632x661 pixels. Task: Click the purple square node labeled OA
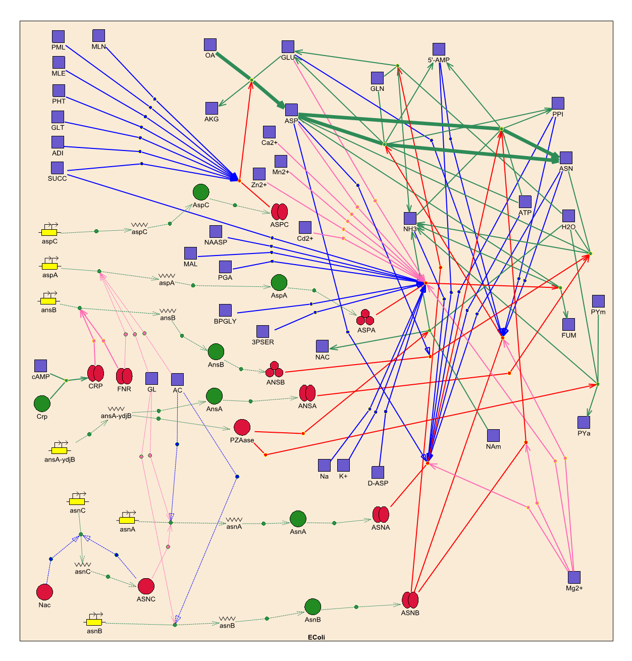(x=210, y=44)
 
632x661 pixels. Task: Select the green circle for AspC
(x=201, y=192)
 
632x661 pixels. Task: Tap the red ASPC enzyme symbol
(x=279, y=212)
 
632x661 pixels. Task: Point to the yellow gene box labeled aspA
(x=49, y=266)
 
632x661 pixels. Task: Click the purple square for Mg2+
(x=574, y=577)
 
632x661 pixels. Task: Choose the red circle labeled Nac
(x=44, y=592)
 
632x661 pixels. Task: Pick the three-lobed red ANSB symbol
(x=275, y=370)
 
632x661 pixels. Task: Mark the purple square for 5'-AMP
(x=439, y=49)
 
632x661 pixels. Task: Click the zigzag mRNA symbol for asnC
(x=83, y=565)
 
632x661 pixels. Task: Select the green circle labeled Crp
(x=42, y=404)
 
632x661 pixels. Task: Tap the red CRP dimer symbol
(x=95, y=374)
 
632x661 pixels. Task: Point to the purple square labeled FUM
(x=568, y=324)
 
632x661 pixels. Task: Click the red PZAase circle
(x=242, y=427)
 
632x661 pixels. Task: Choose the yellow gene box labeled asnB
(x=94, y=622)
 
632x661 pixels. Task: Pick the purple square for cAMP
(x=40, y=366)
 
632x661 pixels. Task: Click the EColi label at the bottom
(x=317, y=637)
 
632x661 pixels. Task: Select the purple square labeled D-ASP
(x=378, y=472)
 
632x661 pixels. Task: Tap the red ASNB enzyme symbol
(x=410, y=600)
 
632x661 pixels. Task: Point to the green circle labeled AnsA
(x=214, y=396)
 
